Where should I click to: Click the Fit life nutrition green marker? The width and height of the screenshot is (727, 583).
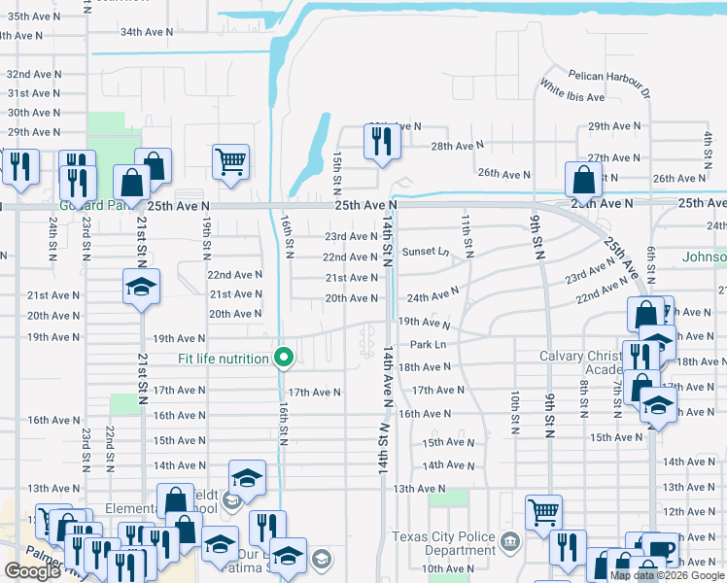coord(284,359)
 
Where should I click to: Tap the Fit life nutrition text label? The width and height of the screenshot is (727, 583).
coord(223,360)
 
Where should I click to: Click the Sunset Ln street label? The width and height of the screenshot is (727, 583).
coord(426,252)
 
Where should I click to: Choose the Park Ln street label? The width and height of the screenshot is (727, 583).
coord(428,344)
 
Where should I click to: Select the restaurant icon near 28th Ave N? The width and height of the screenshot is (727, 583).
coord(378,141)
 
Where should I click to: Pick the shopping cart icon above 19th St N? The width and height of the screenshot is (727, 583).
coord(230,161)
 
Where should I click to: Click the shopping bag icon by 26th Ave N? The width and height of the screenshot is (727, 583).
coord(582,179)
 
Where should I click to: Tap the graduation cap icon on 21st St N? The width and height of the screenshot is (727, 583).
coord(142,287)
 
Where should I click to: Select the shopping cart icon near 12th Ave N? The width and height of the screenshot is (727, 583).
coord(543,511)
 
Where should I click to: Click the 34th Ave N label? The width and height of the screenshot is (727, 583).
coord(146,32)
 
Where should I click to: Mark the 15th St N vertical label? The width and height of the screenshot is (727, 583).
coord(337,168)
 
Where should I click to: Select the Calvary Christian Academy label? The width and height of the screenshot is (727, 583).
coord(590,362)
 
